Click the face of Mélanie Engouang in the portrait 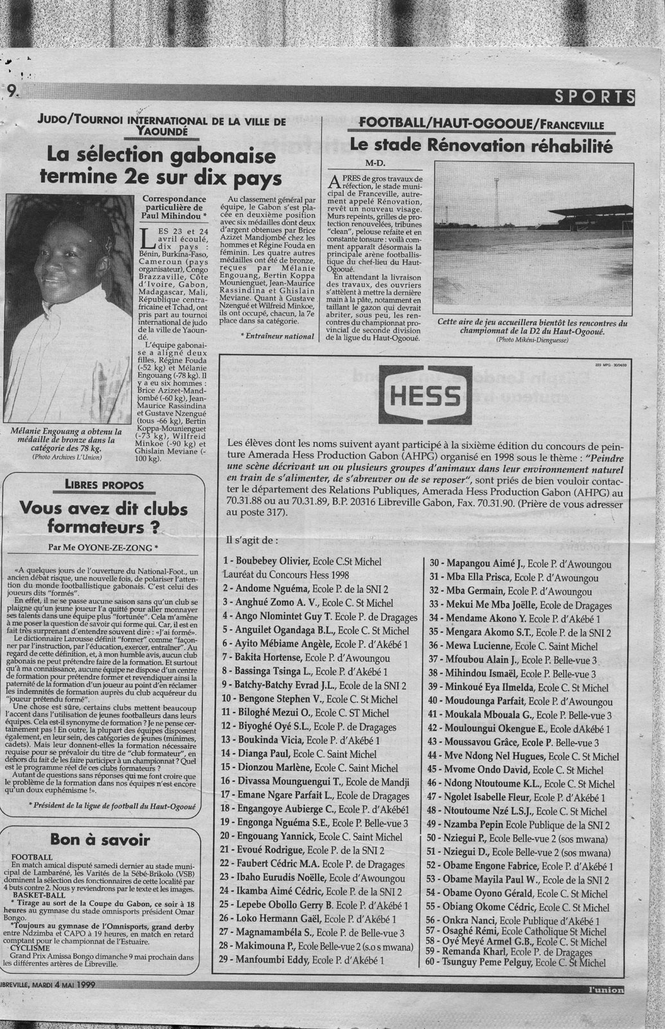[42, 244]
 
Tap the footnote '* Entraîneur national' [276, 336]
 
